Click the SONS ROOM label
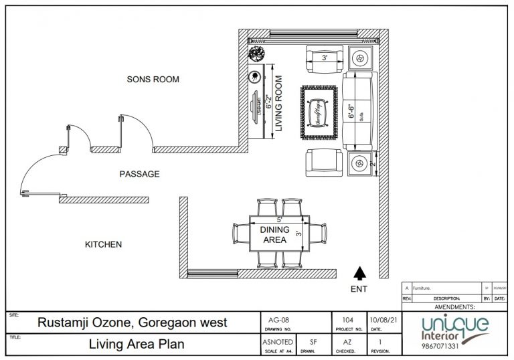pos(153,79)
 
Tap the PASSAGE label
pos(139,174)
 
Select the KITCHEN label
pos(103,245)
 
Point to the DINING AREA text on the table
pos(274,235)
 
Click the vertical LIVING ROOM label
pos(280,106)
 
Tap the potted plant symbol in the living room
pos(256,55)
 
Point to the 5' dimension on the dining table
pos(280,219)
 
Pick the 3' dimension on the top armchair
pos(325,58)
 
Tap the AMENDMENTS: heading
pos(455,306)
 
